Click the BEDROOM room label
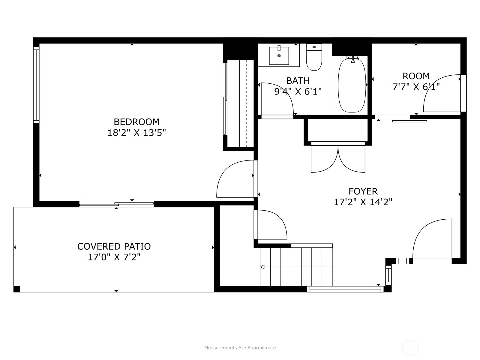point(136,122)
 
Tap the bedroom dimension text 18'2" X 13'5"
point(136,133)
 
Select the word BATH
point(298,81)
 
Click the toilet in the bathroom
point(314,57)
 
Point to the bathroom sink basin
point(279,56)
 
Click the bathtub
point(352,85)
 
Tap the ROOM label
point(416,76)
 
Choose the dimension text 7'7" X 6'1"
point(416,87)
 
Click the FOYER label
point(363,191)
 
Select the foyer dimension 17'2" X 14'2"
point(363,202)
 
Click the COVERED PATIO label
point(114,247)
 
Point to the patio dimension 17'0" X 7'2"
point(114,257)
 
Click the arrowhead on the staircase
point(262,267)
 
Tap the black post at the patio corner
point(16,289)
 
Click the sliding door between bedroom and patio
point(116,204)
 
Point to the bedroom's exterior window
point(36,85)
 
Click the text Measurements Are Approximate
point(240,347)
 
